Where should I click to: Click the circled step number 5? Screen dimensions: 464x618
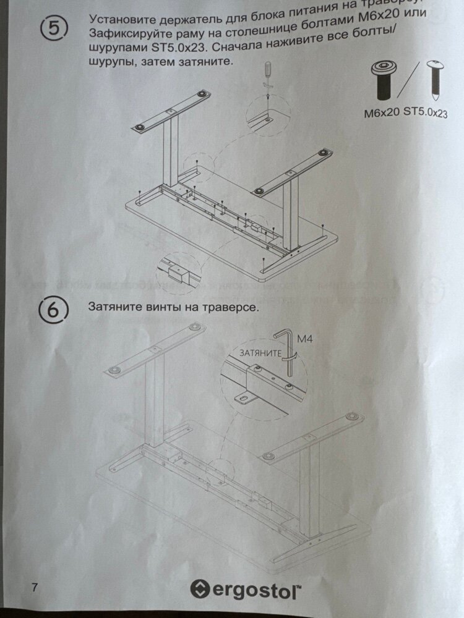[54, 29]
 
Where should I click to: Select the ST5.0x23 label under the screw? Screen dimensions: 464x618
[426, 112]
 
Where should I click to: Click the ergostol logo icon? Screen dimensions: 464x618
[200, 588]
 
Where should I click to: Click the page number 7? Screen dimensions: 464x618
[33, 586]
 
